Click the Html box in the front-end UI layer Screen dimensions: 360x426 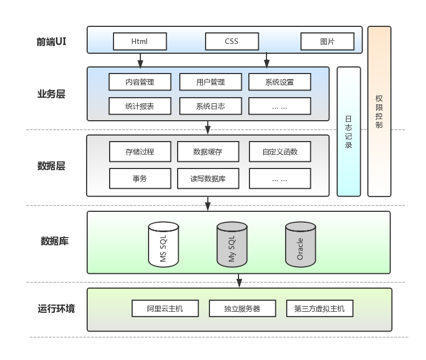139,41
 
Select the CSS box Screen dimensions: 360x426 231,41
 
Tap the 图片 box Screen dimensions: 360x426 327,41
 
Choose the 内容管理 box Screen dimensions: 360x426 140,82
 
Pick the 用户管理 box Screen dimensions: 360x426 211,82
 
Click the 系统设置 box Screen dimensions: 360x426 280,82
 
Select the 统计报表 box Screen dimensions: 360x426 140,106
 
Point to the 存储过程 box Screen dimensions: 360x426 140,151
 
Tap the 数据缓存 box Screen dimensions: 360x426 208,151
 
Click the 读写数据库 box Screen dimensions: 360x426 208,178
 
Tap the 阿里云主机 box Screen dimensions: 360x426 165,308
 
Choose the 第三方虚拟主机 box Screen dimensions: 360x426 320,308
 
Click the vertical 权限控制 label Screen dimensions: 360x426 379,111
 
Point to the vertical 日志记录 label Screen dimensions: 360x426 349,132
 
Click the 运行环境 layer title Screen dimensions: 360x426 56,308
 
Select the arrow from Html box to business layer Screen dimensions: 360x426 140,60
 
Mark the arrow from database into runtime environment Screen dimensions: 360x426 239,280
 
